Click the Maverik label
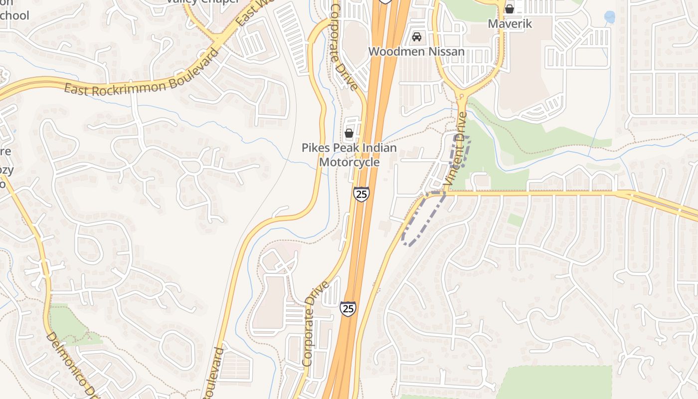[510, 23]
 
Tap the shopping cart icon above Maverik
[510, 8]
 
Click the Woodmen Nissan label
[416, 51]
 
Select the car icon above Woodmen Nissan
[417, 37]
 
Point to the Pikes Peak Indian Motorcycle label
[349, 155]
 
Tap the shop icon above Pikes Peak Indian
[349, 133]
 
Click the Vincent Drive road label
[456, 150]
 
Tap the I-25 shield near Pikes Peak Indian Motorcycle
[362, 194]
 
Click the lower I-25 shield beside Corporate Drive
[348, 308]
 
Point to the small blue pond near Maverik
[609, 17]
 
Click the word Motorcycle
[349, 162]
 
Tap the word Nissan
[446, 51]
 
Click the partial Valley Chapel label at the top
[203, 1]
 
